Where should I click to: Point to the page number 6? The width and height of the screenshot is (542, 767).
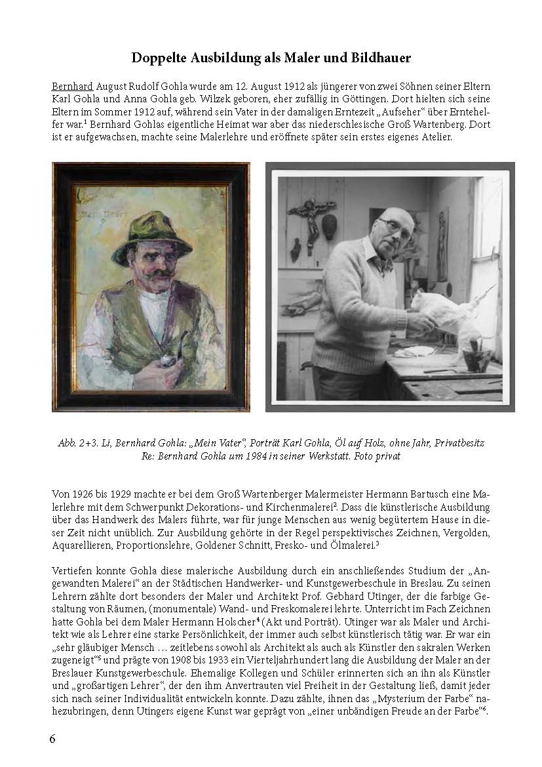click(52, 739)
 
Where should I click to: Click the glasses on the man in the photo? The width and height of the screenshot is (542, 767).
click(397, 227)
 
